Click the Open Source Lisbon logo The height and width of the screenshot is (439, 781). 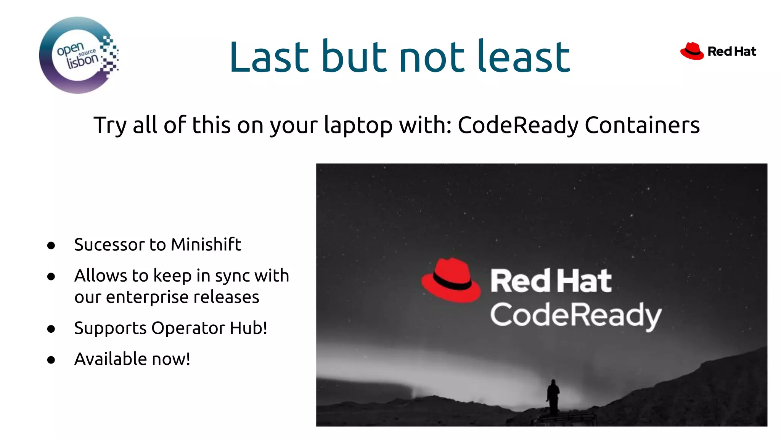pos(79,55)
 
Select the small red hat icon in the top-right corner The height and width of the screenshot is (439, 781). pos(692,51)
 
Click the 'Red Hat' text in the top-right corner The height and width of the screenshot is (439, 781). pos(731,51)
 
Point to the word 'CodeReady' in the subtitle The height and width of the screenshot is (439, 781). pos(518,125)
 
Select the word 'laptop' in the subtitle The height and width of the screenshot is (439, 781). pos(358,125)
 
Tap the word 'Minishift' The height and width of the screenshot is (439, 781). pos(206,245)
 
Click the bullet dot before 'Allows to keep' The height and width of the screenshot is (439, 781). pos(51,276)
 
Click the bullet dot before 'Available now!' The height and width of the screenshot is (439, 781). pos(51,360)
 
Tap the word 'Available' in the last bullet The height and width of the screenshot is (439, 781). pos(111,359)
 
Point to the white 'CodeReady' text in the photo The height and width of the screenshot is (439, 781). pos(575,316)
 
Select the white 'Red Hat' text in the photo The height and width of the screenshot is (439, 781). pos(551,281)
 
